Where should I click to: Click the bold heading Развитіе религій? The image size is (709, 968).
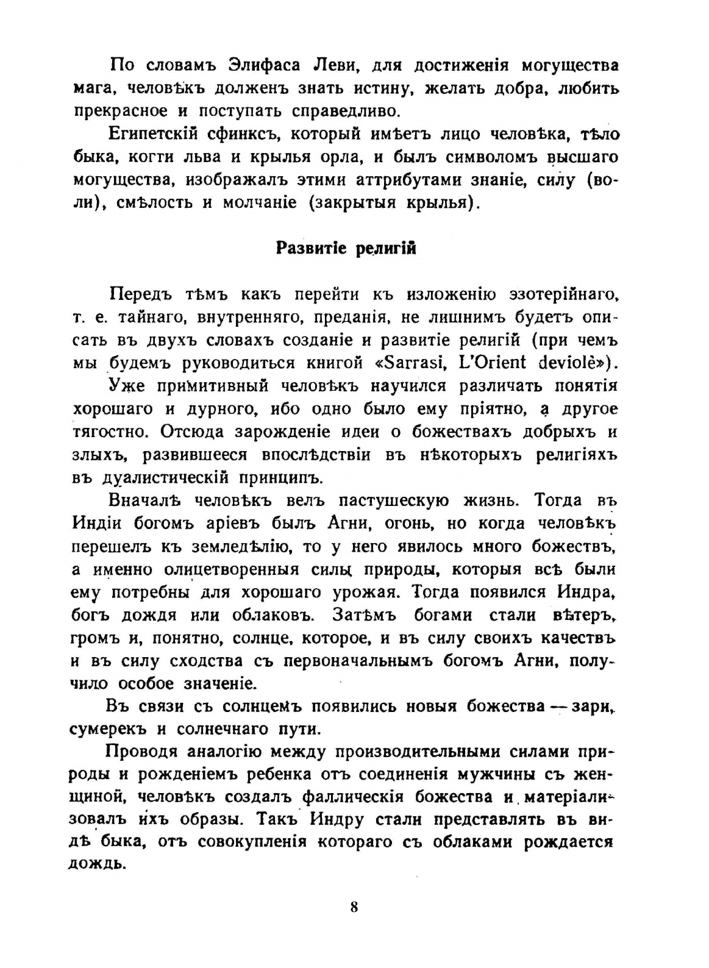pyautogui.click(x=346, y=249)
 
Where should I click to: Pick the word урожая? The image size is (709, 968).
pyautogui.click(x=365, y=592)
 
